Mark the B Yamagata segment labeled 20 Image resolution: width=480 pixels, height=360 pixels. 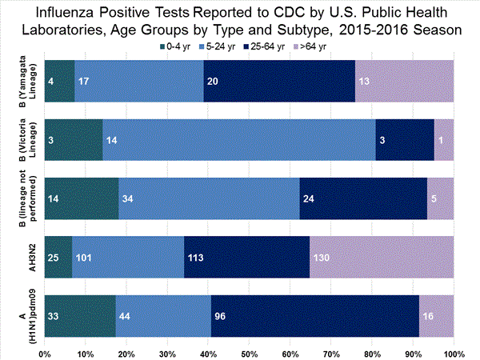click(279, 80)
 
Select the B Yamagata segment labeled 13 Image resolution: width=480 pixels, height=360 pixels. click(404, 80)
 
